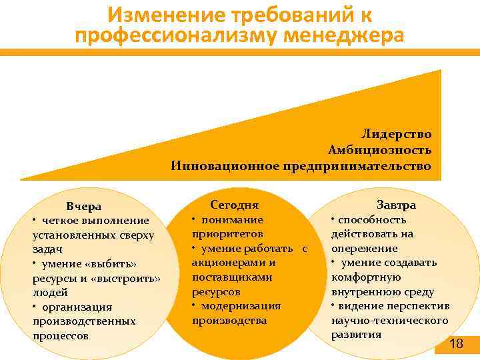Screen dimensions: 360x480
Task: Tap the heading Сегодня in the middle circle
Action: click(x=234, y=205)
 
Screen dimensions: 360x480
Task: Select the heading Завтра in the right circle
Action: click(x=396, y=205)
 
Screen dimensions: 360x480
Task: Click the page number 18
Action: click(x=456, y=344)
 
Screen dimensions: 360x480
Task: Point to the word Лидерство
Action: click(x=397, y=134)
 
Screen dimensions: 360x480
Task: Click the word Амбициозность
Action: click(x=379, y=149)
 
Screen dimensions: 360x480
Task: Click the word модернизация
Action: click(x=241, y=306)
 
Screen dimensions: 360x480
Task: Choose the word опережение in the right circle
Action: click(x=365, y=248)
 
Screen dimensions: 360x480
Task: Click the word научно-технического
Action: click(x=389, y=321)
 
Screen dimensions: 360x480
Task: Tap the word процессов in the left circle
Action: click(x=61, y=336)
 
